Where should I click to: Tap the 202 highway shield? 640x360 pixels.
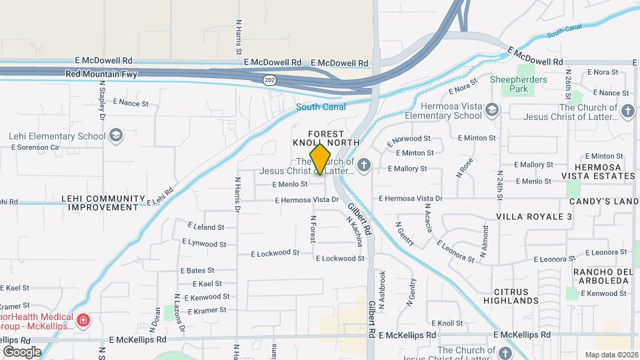click(x=269, y=79)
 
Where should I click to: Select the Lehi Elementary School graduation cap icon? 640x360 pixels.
click(x=116, y=136)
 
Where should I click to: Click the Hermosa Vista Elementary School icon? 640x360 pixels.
click(x=491, y=110)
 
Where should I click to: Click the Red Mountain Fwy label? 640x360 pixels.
click(x=101, y=74)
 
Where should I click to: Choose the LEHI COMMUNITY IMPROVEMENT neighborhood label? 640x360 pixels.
click(x=103, y=203)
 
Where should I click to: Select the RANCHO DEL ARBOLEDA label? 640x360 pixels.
click(x=601, y=276)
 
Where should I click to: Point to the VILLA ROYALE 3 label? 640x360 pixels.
click(x=535, y=217)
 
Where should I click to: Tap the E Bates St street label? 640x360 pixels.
click(x=197, y=271)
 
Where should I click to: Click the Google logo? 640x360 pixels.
click(x=22, y=351)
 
